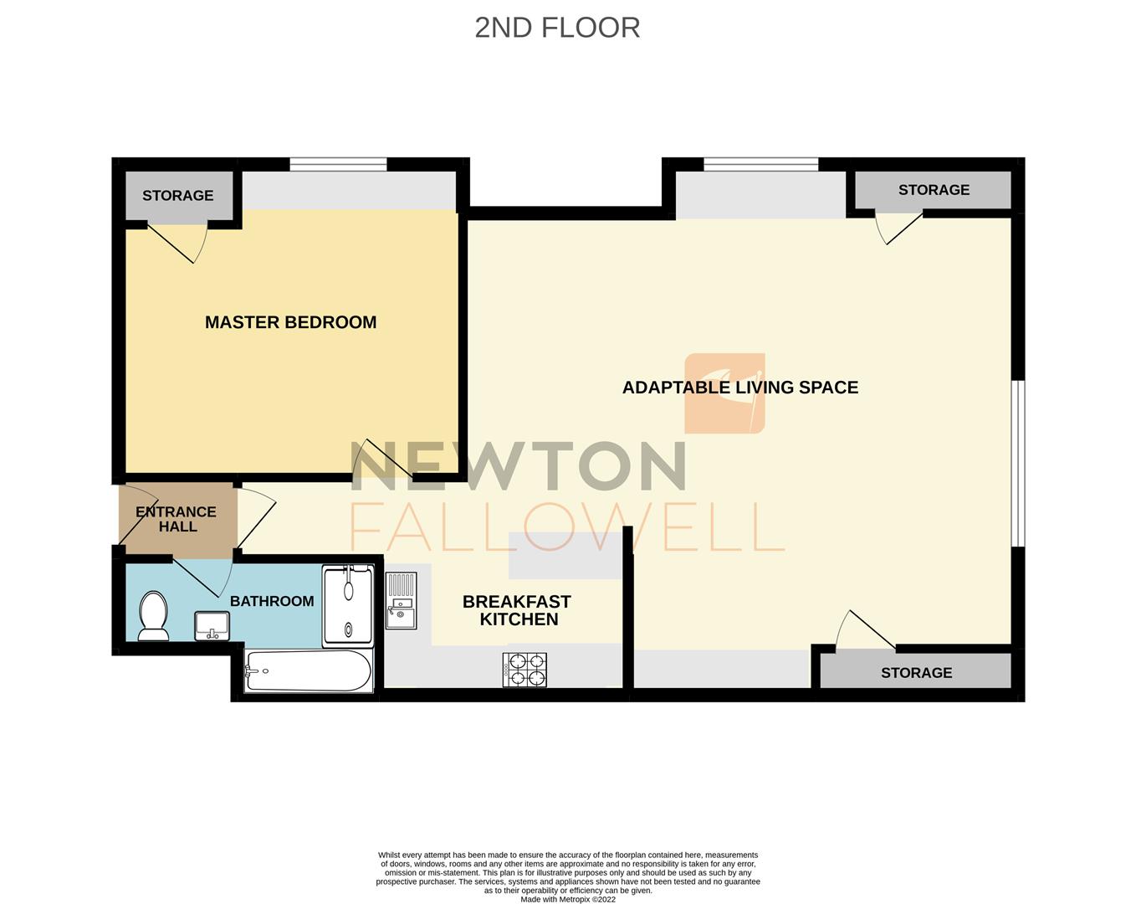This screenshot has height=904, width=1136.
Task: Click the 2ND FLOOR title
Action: (557, 28)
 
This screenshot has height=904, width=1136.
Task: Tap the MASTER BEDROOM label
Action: (290, 322)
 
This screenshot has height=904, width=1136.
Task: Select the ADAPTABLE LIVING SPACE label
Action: (739, 388)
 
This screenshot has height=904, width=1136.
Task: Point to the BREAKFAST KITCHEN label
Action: (517, 610)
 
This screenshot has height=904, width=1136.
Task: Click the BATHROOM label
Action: (272, 601)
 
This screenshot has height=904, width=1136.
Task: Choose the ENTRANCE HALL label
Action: (177, 519)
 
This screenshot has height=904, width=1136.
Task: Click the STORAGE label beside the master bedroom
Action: (177, 196)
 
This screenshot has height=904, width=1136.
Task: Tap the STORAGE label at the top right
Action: (934, 190)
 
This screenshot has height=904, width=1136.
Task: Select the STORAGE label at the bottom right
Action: (916, 673)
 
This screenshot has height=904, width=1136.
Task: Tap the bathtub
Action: (309, 671)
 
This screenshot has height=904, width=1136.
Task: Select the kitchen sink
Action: (401, 600)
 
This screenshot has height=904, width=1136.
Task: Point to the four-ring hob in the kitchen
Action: (525, 670)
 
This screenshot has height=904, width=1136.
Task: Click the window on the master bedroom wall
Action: (338, 164)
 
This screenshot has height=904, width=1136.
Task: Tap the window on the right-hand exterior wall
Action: (1018, 464)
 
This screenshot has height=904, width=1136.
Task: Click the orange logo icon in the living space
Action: (724, 393)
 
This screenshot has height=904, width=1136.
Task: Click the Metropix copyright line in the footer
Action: (568, 900)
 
